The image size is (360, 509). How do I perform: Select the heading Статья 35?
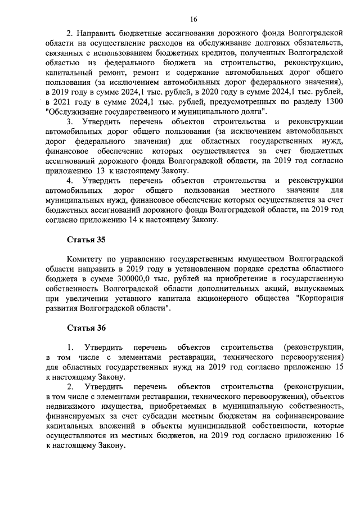coord(86,239)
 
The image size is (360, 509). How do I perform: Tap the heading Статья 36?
coord(86,327)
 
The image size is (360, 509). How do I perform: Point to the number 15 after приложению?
coord(339,367)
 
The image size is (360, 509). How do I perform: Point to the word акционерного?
coord(220,299)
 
